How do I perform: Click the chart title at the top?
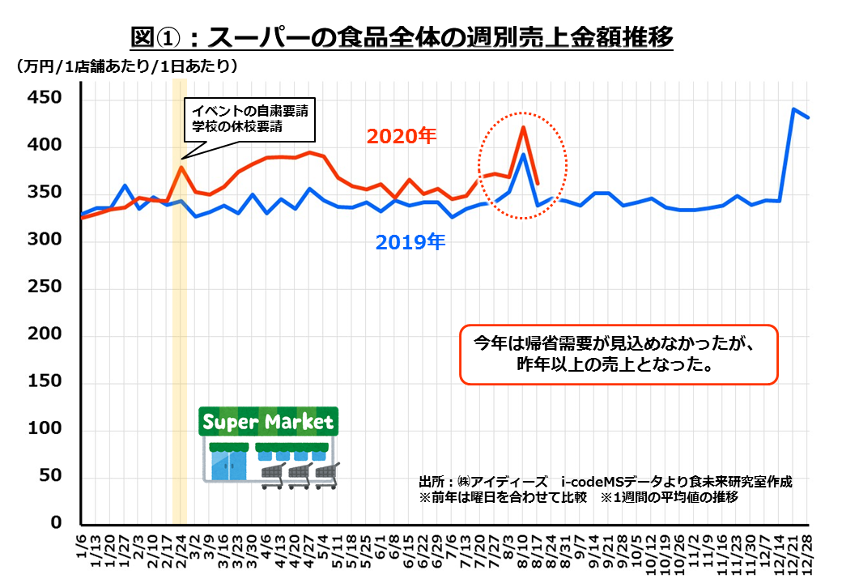[402, 36]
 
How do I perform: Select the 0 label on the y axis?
[56, 523]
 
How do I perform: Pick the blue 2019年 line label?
[410, 241]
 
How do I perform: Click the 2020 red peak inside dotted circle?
[524, 127]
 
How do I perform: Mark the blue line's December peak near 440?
[794, 109]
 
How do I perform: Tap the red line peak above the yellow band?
[181, 168]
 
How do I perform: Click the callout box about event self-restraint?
[249, 118]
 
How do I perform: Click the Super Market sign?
[267, 422]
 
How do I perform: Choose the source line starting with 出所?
[605, 481]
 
